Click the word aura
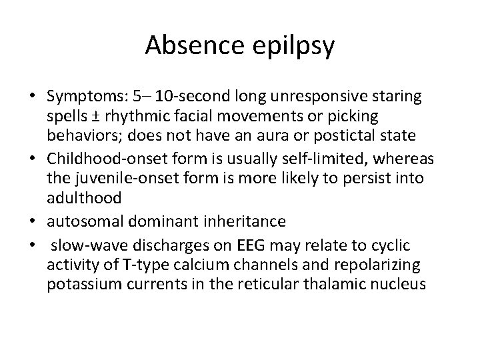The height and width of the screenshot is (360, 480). (277, 135)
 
